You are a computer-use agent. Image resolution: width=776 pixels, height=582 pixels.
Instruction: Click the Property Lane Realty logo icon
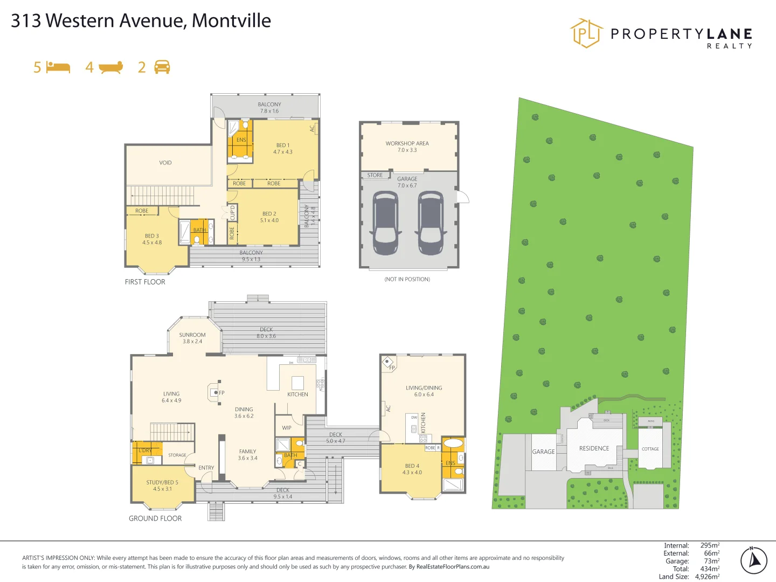click(x=586, y=33)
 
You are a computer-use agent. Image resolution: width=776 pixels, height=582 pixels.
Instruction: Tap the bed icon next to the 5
click(x=58, y=67)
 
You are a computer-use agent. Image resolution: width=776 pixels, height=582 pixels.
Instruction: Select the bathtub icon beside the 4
click(x=111, y=67)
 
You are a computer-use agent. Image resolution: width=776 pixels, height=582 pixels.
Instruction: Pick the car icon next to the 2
click(x=162, y=67)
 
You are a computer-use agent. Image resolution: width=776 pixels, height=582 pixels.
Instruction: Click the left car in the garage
click(x=385, y=223)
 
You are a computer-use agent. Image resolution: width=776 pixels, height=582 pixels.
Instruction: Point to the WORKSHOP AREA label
click(x=407, y=143)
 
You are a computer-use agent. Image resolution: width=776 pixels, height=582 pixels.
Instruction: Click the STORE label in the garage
click(x=375, y=175)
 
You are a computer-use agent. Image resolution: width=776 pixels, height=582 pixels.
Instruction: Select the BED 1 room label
click(x=282, y=145)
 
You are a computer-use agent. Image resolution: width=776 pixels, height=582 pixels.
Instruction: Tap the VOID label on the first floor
click(x=165, y=163)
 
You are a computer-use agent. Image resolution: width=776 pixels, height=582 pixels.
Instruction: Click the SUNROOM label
click(x=192, y=335)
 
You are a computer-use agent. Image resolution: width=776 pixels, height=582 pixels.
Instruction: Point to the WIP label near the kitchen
click(x=287, y=428)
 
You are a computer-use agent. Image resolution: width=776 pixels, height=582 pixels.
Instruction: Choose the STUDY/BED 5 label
click(x=162, y=482)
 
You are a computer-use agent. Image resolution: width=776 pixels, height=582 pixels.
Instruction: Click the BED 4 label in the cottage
click(x=412, y=466)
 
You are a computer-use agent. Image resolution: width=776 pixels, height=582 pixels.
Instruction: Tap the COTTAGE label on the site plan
click(x=650, y=449)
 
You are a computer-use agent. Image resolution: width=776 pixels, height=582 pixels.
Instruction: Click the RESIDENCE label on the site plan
click(x=594, y=448)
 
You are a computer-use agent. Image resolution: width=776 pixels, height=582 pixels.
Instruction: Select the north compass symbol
click(x=753, y=560)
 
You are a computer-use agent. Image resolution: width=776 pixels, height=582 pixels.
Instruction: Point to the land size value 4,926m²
click(x=707, y=577)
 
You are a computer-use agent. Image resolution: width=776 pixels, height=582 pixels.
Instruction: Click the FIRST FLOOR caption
click(x=145, y=282)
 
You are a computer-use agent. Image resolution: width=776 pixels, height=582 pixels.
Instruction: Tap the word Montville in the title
click(x=231, y=20)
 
